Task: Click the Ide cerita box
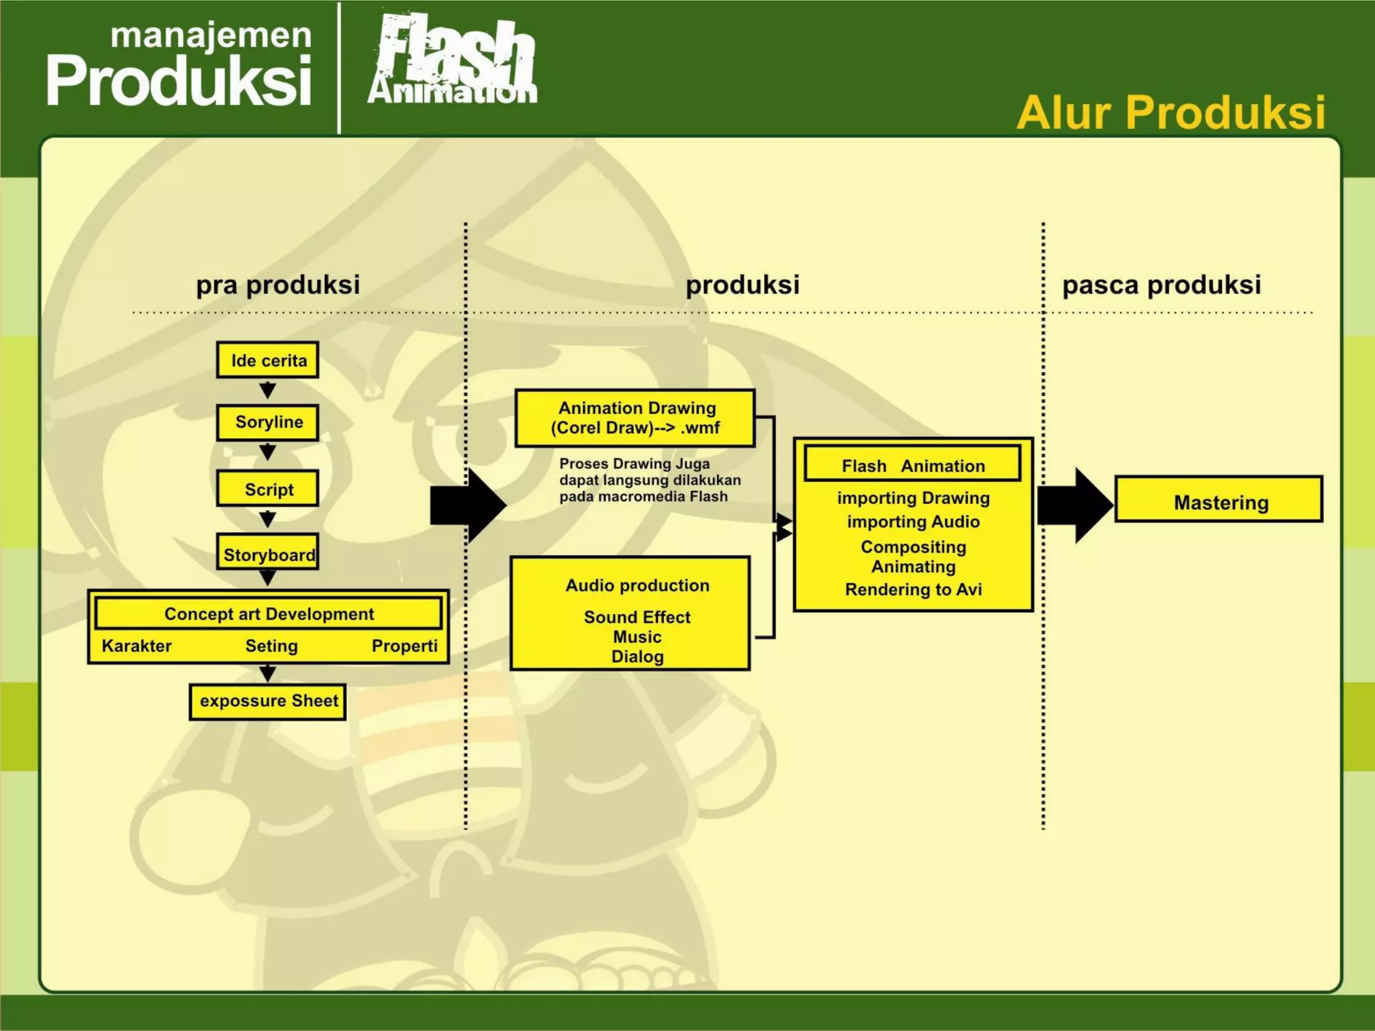pos(267,360)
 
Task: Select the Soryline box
pos(267,422)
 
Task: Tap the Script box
pos(267,489)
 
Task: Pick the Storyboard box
pos(267,554)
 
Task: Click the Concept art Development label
pos(269,613)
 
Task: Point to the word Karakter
pos(137,646)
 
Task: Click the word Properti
pos(404,646)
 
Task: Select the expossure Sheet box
pos(268,701)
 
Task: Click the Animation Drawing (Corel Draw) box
pos(635,418)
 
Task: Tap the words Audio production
pos(637,585)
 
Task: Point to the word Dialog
pos(637,656)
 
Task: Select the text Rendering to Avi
pos(913,589)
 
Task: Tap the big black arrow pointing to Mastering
pos(1074,505)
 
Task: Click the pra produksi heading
pos(278,285)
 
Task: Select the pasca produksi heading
pos(1161,285)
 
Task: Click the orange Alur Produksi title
pos(1171,112)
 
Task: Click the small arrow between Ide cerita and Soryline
pos(267,390)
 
